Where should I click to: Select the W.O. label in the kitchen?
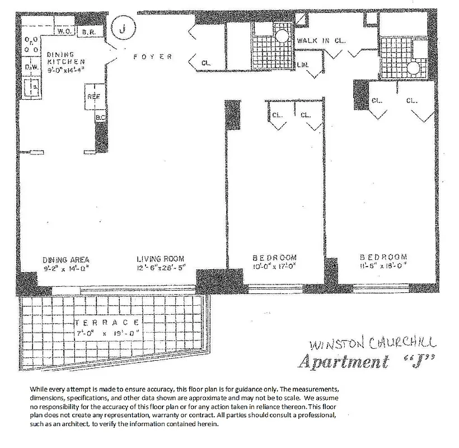(x=63, y=32)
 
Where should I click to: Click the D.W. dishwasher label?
(x=30, y=68)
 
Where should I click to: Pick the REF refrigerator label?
(x=93, y=96)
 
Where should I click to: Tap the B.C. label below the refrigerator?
(x=101, y=118)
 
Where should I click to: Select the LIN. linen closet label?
(x=303, y=66)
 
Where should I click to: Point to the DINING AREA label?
(x=66, y=259)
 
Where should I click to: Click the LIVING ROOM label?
(x=161, y=259)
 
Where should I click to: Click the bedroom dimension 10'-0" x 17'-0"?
(x=275, y=267)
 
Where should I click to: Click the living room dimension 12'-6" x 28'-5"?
(x=161, y=267)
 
